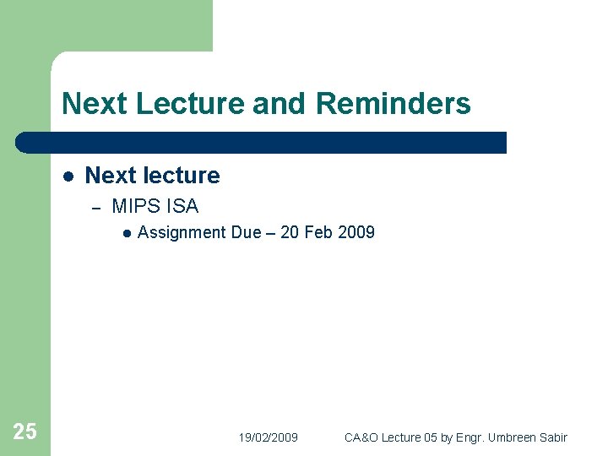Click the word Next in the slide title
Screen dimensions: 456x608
91,104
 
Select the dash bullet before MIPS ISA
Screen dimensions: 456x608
95,207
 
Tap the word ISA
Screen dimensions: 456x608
182,206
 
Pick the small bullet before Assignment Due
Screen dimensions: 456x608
125,233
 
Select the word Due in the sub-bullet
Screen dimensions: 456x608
246,232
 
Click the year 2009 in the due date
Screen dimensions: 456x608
356,232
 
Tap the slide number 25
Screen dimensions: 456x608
24,432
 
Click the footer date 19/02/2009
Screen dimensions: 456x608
268,437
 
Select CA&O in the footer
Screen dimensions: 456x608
361,437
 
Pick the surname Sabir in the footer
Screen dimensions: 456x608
553,437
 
